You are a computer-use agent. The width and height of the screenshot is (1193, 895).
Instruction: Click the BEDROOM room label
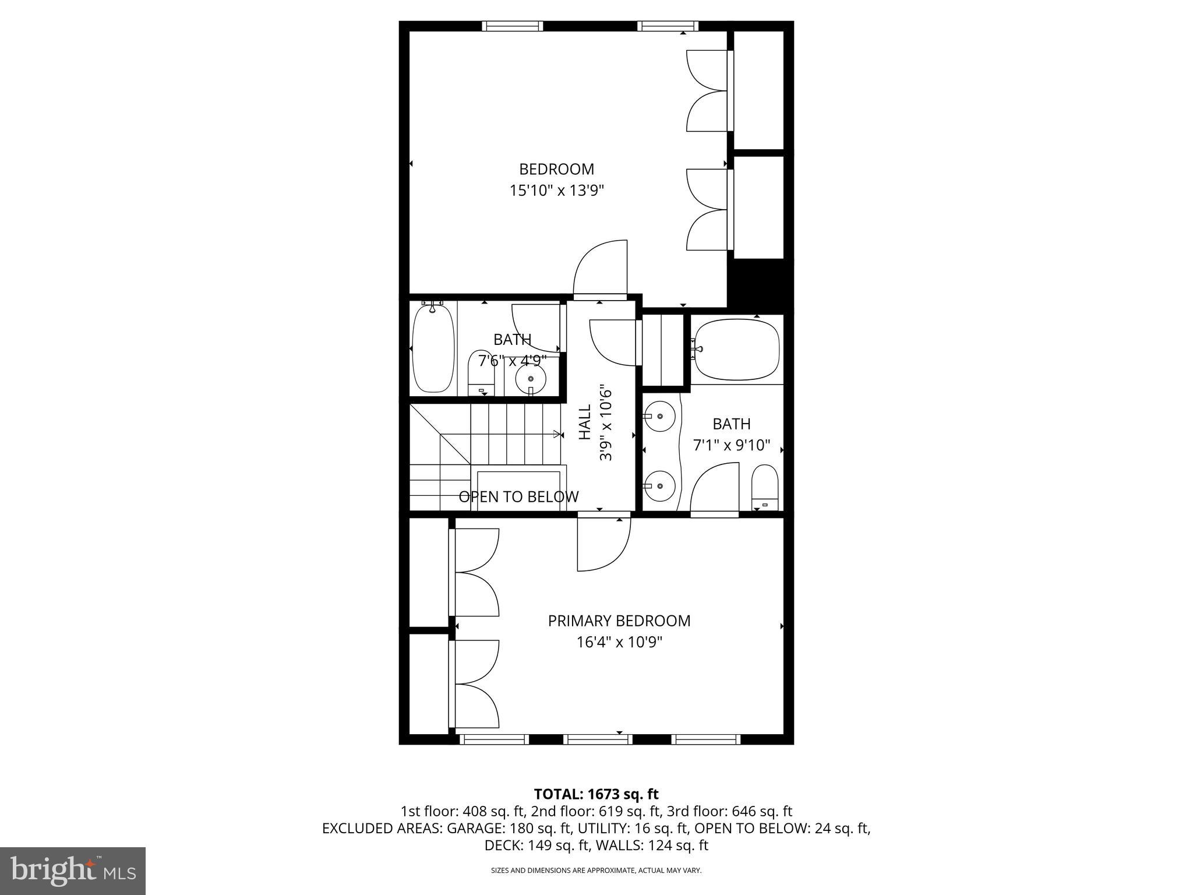tap(556, 169)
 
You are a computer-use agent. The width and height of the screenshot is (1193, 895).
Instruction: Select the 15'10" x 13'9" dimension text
tap(556, 191)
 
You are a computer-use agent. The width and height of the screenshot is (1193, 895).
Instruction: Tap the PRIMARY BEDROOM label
tap(619, 621)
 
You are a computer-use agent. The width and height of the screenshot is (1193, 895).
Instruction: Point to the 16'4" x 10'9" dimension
tap(619, 642)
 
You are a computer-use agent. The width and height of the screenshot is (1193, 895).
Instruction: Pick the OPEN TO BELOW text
tap(518, 496)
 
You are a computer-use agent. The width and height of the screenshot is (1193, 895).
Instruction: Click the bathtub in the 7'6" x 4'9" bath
tap(433, 348)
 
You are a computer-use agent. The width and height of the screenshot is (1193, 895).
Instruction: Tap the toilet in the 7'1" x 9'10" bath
tap(764, 487)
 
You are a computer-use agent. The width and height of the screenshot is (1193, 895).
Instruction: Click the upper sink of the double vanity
tap(660, 417)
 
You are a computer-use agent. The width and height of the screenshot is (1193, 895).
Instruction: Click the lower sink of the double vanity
tap(660, 485)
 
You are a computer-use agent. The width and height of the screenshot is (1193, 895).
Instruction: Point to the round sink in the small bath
tap(530, 379)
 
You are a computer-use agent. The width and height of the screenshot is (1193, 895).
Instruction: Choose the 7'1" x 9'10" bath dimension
tap(731, 446)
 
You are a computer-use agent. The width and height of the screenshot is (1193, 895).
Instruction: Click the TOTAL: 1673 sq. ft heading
tap(596, 794)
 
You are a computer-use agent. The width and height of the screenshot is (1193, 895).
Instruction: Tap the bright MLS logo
tap(73, 870)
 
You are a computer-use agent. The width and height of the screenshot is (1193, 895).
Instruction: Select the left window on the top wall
tap(512, 26)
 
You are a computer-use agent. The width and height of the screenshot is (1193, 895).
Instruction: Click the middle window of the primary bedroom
tap(597, 739)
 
